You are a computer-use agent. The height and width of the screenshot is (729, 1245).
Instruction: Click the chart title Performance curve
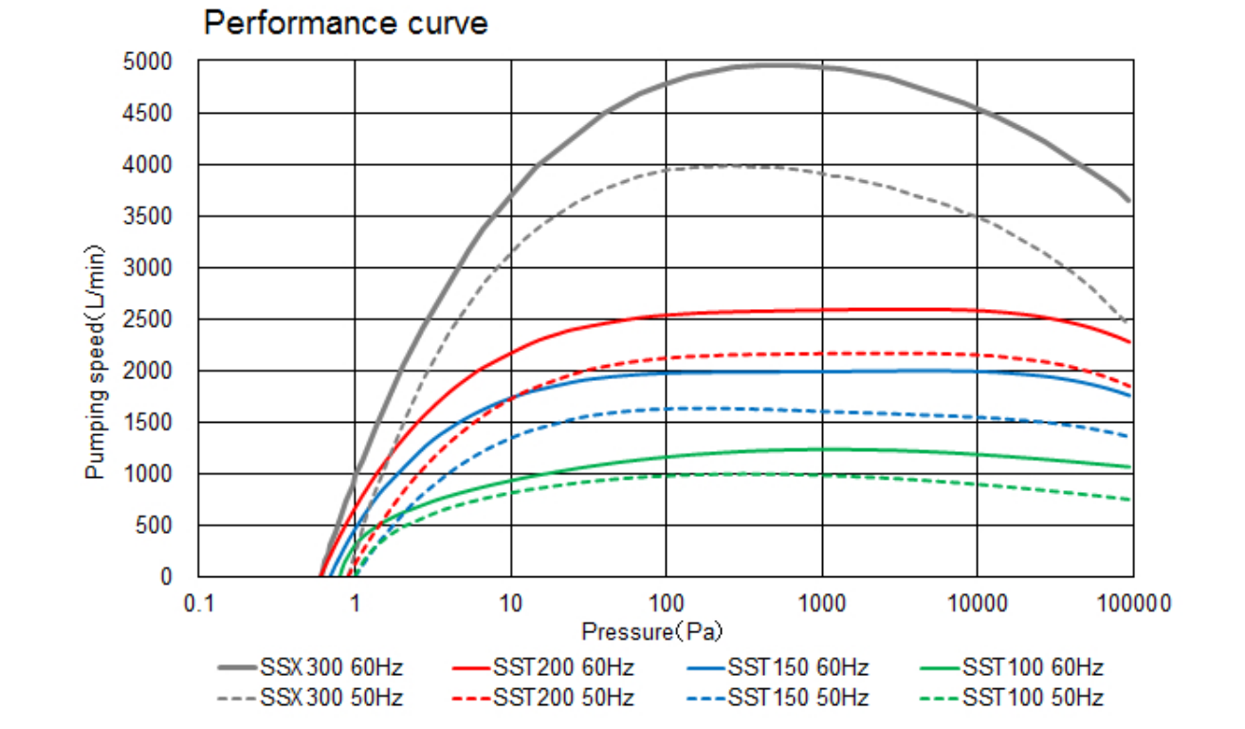346,23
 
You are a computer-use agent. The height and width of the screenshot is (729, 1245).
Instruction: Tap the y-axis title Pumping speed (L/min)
96,362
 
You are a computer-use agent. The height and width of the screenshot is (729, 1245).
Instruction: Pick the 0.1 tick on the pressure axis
198,602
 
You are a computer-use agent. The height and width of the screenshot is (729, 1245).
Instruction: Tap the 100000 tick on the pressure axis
1132,602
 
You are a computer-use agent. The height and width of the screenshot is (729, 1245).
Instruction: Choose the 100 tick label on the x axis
666,602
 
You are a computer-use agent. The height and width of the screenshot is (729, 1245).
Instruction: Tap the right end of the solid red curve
1131,341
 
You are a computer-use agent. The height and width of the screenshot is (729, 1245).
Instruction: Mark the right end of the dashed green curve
1131,500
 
